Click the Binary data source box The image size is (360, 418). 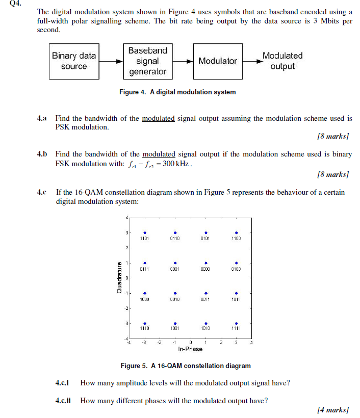point(74,61)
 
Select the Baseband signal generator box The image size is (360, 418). point(147,61)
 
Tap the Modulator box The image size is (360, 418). point(217,61)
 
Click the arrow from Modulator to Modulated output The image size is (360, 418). point(251,61)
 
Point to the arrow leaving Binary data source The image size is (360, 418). point(111,61)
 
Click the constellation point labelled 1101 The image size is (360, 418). point(145,232)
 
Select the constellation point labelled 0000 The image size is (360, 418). point(205,263)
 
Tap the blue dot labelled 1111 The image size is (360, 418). point(236,323)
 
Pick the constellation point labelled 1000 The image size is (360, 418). point(145,293)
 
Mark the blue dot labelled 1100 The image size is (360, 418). point(236,232)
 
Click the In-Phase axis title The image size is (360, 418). point(190,349)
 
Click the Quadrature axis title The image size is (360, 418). point(119,278)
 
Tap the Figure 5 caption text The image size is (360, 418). point(186,365)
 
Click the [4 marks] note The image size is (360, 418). point(332,409)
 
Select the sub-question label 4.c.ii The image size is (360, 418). point(63,400)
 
